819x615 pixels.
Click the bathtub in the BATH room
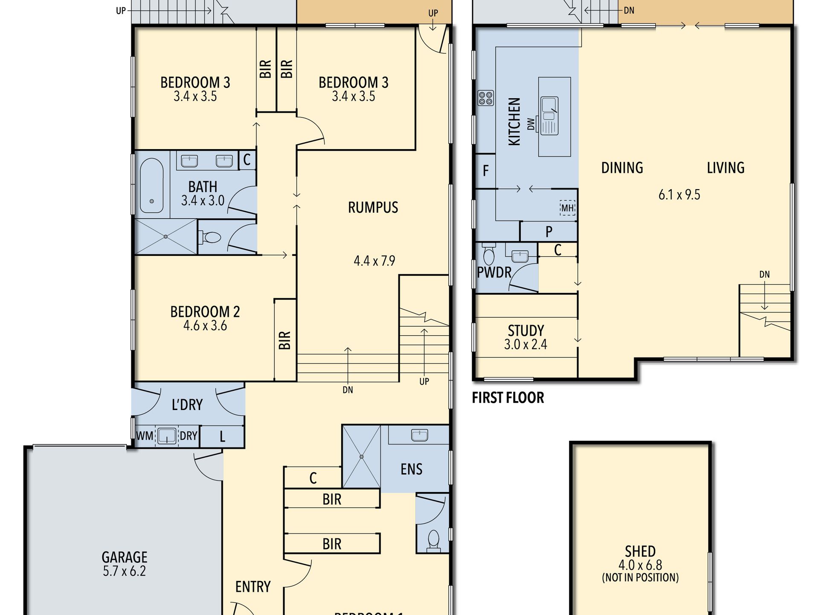(151, 186)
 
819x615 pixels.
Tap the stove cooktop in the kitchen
(485, 98)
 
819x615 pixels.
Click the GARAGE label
(125, 557)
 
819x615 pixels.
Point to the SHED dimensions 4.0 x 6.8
(640, 565)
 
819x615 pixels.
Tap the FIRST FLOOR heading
(508, 398)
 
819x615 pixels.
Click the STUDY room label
(526, 331)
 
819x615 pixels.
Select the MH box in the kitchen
(567, 208)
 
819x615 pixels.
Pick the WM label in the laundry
(145, 436)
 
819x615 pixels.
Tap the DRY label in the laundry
(189, 436)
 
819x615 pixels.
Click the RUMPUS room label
(373, 208)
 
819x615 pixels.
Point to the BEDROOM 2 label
(205, 312)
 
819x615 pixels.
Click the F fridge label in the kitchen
(485, 171)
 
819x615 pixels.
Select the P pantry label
(549, 232)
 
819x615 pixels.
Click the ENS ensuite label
(412, 469)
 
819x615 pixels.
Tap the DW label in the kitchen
(531, 124)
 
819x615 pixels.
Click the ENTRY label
(253, 587)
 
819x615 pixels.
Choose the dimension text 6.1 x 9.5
(680, 195)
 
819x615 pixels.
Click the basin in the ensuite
(419, 436)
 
